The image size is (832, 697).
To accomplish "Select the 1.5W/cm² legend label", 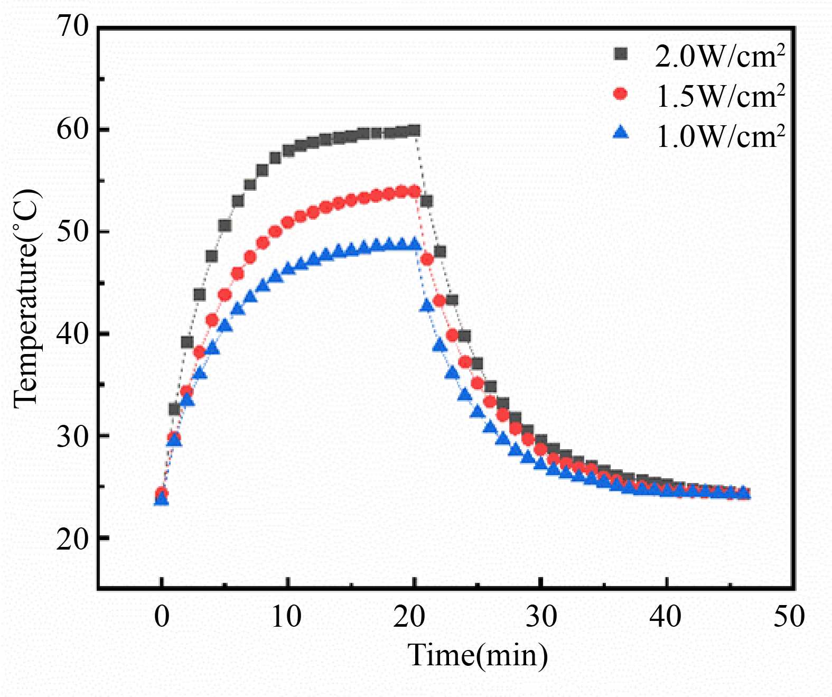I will [x=719, y=96].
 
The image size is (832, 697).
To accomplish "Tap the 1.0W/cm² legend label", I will [x=719, y=136].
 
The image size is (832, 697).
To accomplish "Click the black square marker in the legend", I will [x=621, y=54].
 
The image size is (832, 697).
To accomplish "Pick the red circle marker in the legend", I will [x=621, y=94].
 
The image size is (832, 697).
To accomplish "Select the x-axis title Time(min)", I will [x=478, y=655].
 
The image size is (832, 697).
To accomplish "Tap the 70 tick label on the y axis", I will [x=72, y=26].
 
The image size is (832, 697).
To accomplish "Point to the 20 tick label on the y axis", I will [x=72, y=538].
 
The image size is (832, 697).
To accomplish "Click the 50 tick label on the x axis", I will [x=789, y=616].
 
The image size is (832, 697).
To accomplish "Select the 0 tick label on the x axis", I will [x=162, y=616].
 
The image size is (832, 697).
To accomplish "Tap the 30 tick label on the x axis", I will [x=541, y=616].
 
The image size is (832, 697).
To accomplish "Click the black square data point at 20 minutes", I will [x=415, y=131].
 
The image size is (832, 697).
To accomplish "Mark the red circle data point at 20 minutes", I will [x=415, y=191].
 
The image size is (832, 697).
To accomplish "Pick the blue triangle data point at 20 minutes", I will [x=415, y=244].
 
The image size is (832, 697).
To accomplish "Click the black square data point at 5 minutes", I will [x=225, y=226].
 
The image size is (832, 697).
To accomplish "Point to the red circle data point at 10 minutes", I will [x=288, y=222].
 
